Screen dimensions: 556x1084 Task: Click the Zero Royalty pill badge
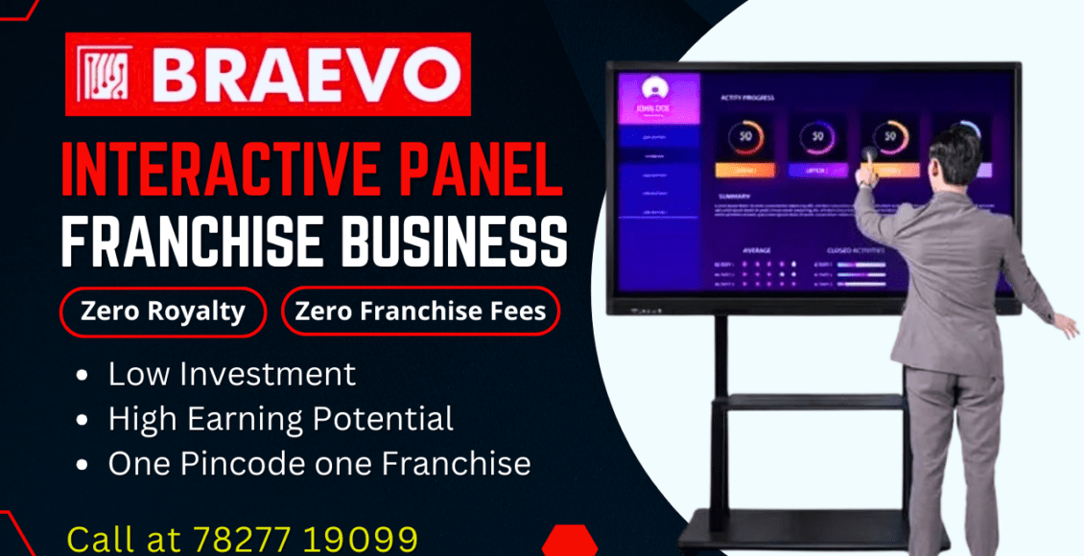coord(162,312)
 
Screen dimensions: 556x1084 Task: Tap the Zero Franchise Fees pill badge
coord(421,312)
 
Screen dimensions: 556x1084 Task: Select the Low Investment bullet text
coord(231,373)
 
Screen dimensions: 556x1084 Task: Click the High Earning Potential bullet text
coord(280,418)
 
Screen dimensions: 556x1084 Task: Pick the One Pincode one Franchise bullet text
coord(318,464)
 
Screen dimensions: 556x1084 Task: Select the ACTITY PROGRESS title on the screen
coord(747,98)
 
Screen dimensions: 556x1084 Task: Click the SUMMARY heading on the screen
coord(734,196)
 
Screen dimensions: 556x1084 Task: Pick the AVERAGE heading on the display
coord(756,249)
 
